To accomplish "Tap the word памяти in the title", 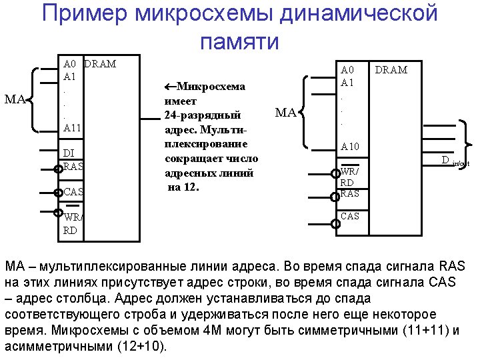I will pos(239,41).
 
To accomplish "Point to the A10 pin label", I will pos(349,146).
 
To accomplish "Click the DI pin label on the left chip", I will pos(68,153).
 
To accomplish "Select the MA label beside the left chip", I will pos(15,100).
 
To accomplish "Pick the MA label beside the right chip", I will pos(285,113).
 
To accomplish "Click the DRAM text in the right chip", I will pos(391,69).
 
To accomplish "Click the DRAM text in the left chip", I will pos(100,64).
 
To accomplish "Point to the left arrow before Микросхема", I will pos(169,86).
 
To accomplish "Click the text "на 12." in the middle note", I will pos(184,187).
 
